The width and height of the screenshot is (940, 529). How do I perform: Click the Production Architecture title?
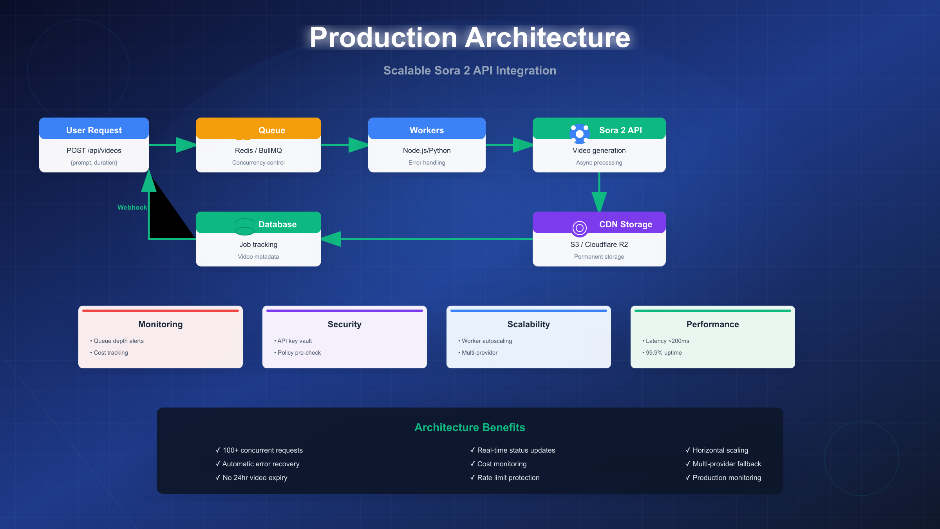(x=470, y=38)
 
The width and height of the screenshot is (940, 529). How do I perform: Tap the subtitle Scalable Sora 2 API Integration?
(x=470, y=71)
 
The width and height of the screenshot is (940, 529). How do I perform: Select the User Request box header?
(x=94, y=130)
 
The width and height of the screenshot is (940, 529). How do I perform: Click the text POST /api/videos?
(x=94, y=150)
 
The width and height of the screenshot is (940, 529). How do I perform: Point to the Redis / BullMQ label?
(x=258, y=150)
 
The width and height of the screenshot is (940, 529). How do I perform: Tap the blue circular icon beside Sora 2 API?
(x=580, y=134)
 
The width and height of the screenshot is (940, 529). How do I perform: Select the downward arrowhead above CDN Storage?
(x=599, y=201)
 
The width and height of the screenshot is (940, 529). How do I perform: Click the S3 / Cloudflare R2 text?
(x=599, y=245)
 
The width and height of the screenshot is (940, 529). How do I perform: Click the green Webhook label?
(x=132, y=207)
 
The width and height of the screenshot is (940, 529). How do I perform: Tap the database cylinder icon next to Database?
(x=245, y=226)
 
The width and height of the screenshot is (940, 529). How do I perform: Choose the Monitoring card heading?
(x=161, y=324)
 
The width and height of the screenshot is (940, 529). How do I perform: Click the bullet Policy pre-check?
(x=299, y=353)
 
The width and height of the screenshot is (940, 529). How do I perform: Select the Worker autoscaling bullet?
(x=486, y=341)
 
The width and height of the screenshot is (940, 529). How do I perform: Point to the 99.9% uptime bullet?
(x=663, y=353)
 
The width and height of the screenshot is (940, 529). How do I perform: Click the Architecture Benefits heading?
(x=470, y=427)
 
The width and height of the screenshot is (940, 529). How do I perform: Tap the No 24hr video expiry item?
(x=255, y=478)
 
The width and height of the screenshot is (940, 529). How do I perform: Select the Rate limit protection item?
(x=508, y=478)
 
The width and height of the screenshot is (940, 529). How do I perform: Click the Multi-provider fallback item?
(x=727, y=464)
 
